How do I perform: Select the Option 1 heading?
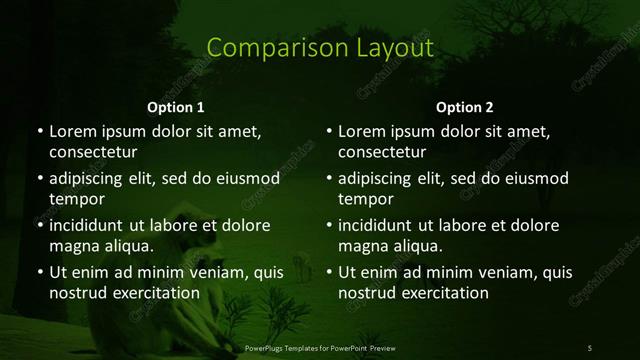pos(176,107)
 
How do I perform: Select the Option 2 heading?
pos(465,107)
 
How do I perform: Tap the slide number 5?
pos(590,347)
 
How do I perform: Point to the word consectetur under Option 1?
pos(93,153)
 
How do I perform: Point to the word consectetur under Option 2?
pos(383,153)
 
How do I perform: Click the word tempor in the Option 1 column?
pos(76,200)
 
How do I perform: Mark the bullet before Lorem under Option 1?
pos(39,131)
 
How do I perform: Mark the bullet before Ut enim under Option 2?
pos(329,271)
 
